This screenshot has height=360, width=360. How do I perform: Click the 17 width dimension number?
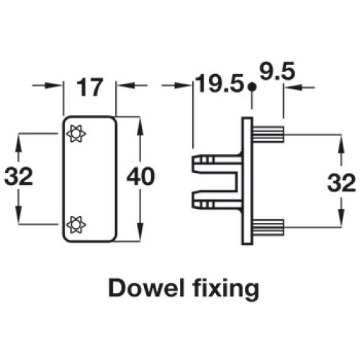[89, 87]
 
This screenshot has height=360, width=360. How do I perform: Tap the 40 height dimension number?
[141, 176]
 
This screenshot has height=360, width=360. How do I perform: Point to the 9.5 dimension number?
[277, 71]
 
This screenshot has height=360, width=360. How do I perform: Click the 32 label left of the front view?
[19, 176]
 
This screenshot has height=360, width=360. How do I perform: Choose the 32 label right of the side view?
[341, 183]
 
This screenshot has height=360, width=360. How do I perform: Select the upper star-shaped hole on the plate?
[76, 134]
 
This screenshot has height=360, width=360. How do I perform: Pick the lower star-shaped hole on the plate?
[76, 225]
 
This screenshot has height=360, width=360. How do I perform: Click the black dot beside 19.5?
[251, 86]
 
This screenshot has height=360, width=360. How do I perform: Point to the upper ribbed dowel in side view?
[268, 135]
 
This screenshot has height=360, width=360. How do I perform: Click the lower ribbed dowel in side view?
[268, 227]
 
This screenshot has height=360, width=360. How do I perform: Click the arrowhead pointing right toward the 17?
[53, 85]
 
